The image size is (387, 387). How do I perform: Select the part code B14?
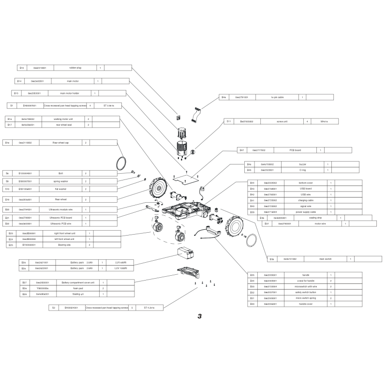click(19, 81)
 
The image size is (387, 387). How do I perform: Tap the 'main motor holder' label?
click(70, 93)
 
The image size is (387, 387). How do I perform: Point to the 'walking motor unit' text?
click(63, 119)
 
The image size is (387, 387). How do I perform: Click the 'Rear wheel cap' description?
click(61, 143)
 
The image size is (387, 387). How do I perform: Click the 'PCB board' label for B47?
click(295, 150)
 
